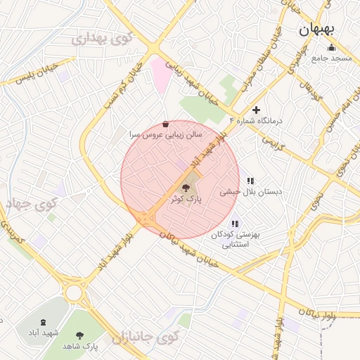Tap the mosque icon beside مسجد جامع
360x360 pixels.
point(331,47)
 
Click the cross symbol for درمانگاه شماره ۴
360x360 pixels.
point(256,110)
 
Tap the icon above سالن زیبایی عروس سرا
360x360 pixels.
point(165,123)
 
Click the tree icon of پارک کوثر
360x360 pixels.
point(186,188)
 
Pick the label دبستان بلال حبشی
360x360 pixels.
point(250,191)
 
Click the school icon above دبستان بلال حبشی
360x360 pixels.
point(250,181)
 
